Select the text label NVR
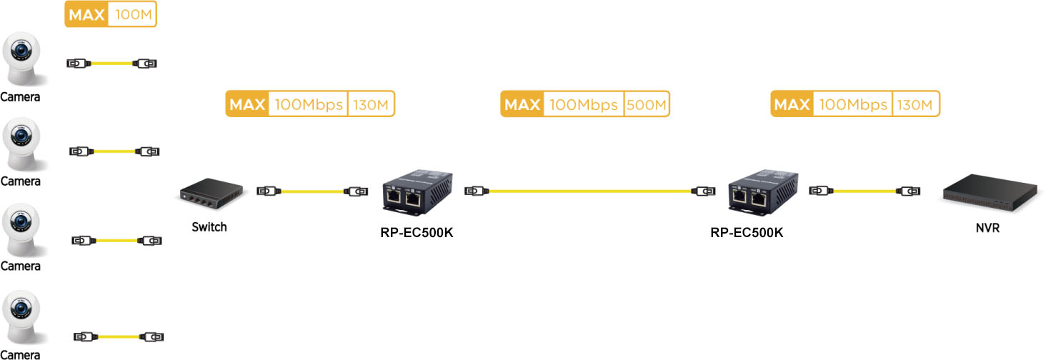tap(987, 229)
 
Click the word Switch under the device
tap(209, 227)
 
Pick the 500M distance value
tap(647, 104)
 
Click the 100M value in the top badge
tap(131, 14)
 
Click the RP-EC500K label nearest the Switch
tap(417, 233)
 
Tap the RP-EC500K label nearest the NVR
tap(747, 233)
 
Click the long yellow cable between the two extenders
tap(589, 191)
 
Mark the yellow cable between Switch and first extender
tap(312, 191)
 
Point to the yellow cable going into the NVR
tap(865, 191)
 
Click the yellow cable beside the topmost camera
tap(111, 64)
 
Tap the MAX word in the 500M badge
tap(522, 105)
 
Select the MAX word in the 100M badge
tap(86, 14)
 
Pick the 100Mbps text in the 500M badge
tap(583, 105)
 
